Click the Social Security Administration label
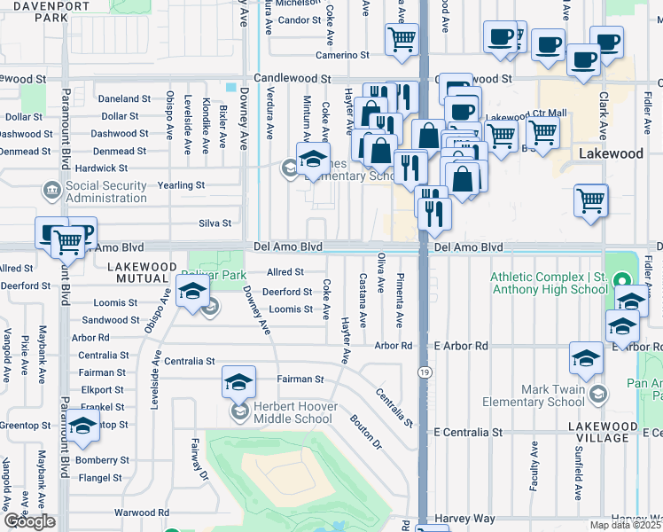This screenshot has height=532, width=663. pos(105,192)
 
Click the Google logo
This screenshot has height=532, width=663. pos(29,522)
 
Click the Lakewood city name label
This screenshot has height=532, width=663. pos(611,153)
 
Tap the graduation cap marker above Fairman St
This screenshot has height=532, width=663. pos(238,381)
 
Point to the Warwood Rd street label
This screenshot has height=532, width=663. pos(141,512)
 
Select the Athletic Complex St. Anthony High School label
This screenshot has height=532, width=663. pos(549,282)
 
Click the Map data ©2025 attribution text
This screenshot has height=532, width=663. pos(624,525)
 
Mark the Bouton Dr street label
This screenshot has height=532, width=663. pos(364,432)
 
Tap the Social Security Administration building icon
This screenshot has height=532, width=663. pos(51,190)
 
